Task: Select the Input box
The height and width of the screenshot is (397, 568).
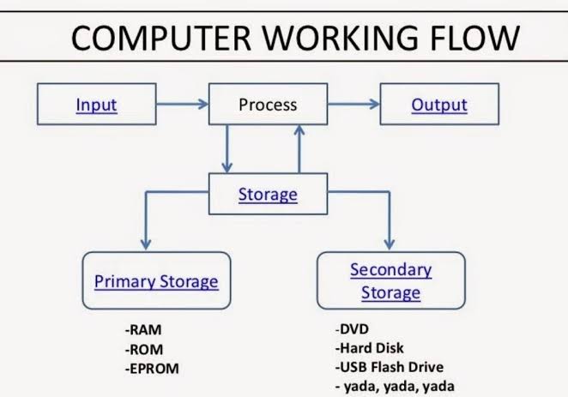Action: (x=96, y=105)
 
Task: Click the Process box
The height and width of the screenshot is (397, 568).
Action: (x=267, y=105)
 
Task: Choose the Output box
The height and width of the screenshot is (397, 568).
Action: (x=439, y=105)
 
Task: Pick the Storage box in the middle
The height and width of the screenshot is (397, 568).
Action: (x=268, y=195)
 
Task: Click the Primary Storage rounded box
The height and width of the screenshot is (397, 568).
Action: (x=156, y=280)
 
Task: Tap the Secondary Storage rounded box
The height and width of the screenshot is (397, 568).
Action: (x=390, y=280)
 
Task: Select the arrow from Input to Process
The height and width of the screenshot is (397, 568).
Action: (x=182, y=105)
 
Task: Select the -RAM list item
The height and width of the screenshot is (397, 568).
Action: (x=143, y=330)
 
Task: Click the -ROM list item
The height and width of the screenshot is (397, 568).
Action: (x=143, y=349)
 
